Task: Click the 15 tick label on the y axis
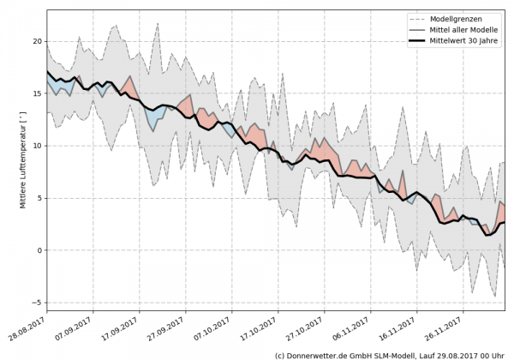[x=38, y=93]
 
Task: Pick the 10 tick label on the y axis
[x=38, y=146]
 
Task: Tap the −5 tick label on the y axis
[x=36, y=303]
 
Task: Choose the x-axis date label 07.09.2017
[x=75, y=327]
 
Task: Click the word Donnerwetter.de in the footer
[x=322, y=354]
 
